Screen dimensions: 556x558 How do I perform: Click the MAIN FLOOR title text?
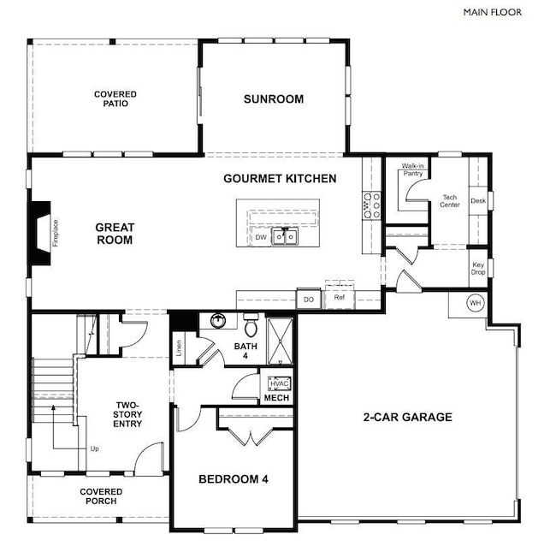click(493, 12)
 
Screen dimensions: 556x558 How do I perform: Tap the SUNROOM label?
click(274, 99)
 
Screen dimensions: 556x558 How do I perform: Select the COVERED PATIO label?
click(115, 98)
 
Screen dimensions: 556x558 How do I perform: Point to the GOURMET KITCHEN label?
click(280, 178)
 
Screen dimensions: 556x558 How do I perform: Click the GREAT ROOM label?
click(115, 234)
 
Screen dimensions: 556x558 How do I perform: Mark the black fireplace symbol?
click(40, 234)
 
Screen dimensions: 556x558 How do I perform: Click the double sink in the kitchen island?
click(285, 237)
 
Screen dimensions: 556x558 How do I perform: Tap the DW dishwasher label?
click(261, 237)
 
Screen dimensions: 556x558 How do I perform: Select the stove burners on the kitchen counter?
click(371, 205)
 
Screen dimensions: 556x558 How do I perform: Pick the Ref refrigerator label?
click(339, 297)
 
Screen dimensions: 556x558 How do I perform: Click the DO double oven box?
click(309, 300)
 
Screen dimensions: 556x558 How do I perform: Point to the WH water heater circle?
click(476, 303)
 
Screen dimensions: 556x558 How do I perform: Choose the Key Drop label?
click(478, 269)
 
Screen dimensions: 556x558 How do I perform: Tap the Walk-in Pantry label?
click(412, 169)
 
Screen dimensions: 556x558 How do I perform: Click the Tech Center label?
click(450, 201)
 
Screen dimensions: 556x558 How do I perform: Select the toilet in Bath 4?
click(251, 325)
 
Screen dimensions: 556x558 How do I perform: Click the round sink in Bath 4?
click(217, 320)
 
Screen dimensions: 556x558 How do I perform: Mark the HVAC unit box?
click(280, 384)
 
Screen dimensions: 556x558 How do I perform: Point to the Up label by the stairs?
click(94, 448)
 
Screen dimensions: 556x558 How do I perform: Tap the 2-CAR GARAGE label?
click(408, 417)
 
